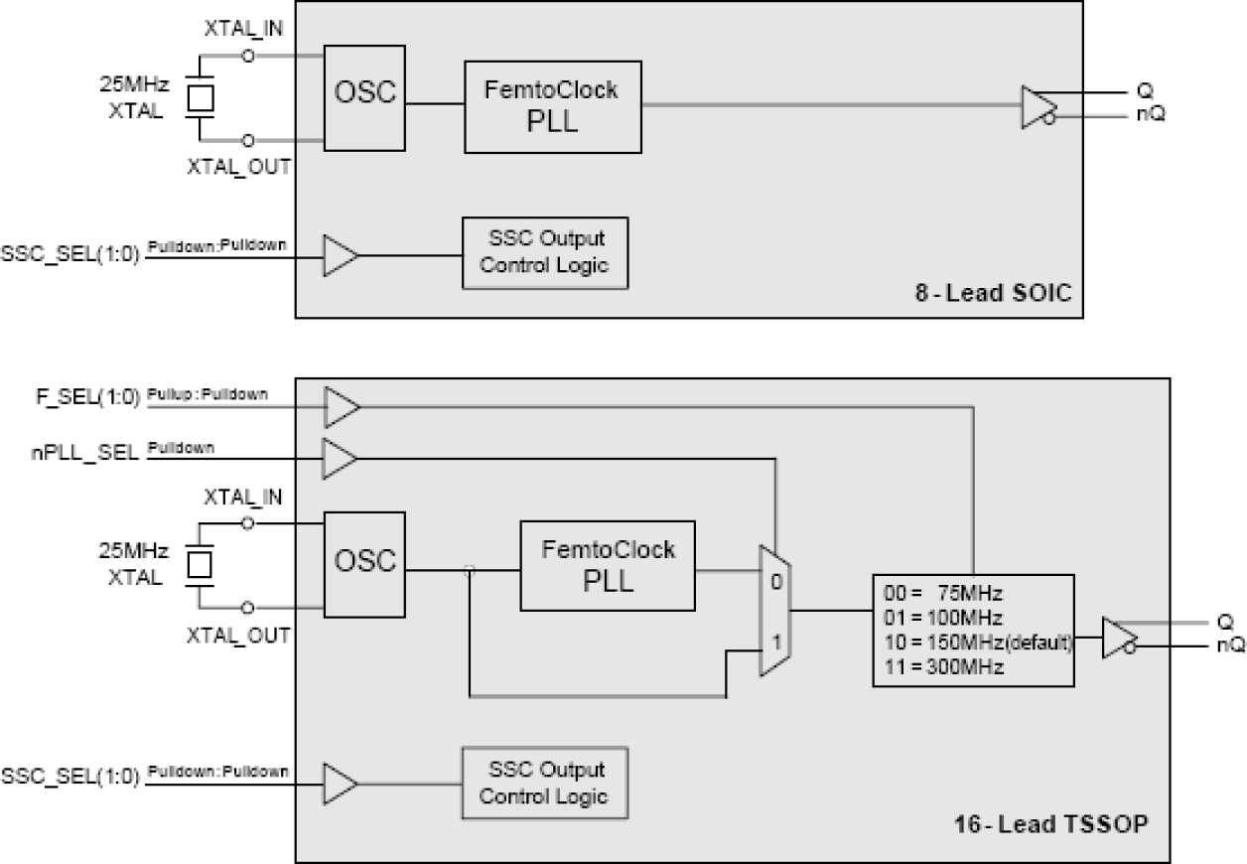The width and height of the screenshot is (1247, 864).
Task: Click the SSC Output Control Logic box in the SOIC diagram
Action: coord(546,252)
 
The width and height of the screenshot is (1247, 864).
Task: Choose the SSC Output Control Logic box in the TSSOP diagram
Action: coord(545,782)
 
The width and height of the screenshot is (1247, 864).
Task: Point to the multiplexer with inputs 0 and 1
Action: coord(773,610)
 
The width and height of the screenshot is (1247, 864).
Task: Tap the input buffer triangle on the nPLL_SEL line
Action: coord(340,459)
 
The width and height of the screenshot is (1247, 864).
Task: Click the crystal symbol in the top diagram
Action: coord(202,98)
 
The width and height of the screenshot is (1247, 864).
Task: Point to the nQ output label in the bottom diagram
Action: coord(1220,645)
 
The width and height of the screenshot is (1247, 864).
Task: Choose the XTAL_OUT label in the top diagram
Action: coord(238,167)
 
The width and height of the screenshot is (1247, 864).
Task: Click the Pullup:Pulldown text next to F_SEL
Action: coord(207,395)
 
